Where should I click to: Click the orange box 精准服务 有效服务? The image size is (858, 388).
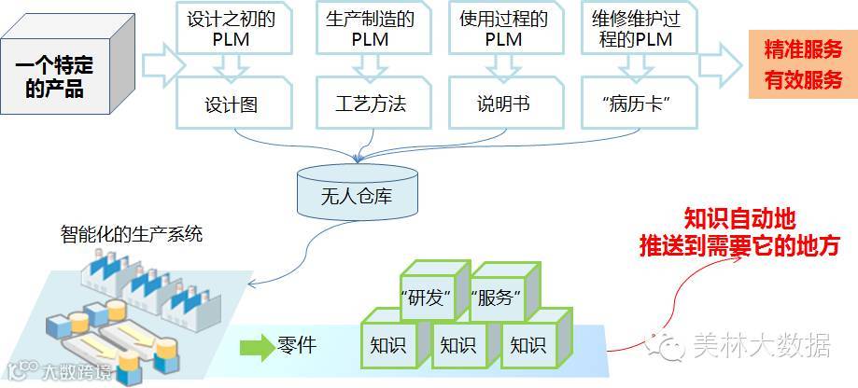point(802,64)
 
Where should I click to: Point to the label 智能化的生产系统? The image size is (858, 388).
point(131,234)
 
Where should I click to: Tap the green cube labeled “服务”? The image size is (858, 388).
point(499,298)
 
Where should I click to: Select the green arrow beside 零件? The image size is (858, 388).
point(255,348)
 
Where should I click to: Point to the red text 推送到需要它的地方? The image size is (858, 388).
point(739,247)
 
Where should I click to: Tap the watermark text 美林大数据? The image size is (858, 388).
point(761,346)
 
